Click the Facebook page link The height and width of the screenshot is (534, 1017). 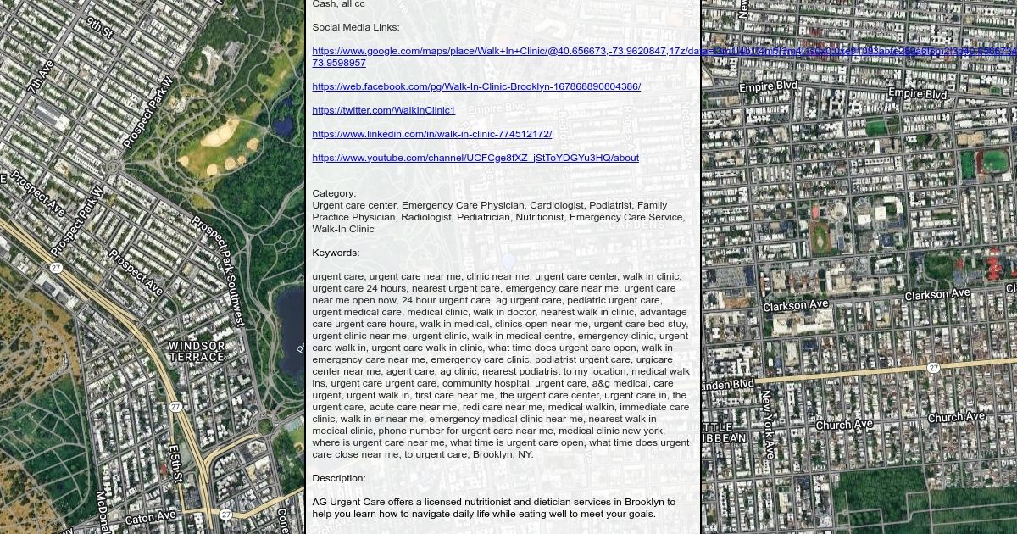476,86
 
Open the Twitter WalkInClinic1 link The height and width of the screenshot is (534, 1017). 383,110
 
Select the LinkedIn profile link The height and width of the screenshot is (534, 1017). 431,134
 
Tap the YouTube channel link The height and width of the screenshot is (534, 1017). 475,158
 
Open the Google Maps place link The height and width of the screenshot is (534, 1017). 500,52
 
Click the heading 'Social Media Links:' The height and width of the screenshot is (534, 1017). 355,27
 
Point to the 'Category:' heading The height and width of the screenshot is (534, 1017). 334,193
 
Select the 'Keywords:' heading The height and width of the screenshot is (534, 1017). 336,253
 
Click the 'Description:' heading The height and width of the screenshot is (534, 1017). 339,478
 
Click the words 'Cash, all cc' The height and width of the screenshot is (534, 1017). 338,4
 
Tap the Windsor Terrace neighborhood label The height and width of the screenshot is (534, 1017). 197,351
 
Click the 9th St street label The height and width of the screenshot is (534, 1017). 99,26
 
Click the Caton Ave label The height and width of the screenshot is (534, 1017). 150,516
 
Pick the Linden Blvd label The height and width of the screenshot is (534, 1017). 729,384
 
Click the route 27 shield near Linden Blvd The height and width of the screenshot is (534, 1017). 932,368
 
